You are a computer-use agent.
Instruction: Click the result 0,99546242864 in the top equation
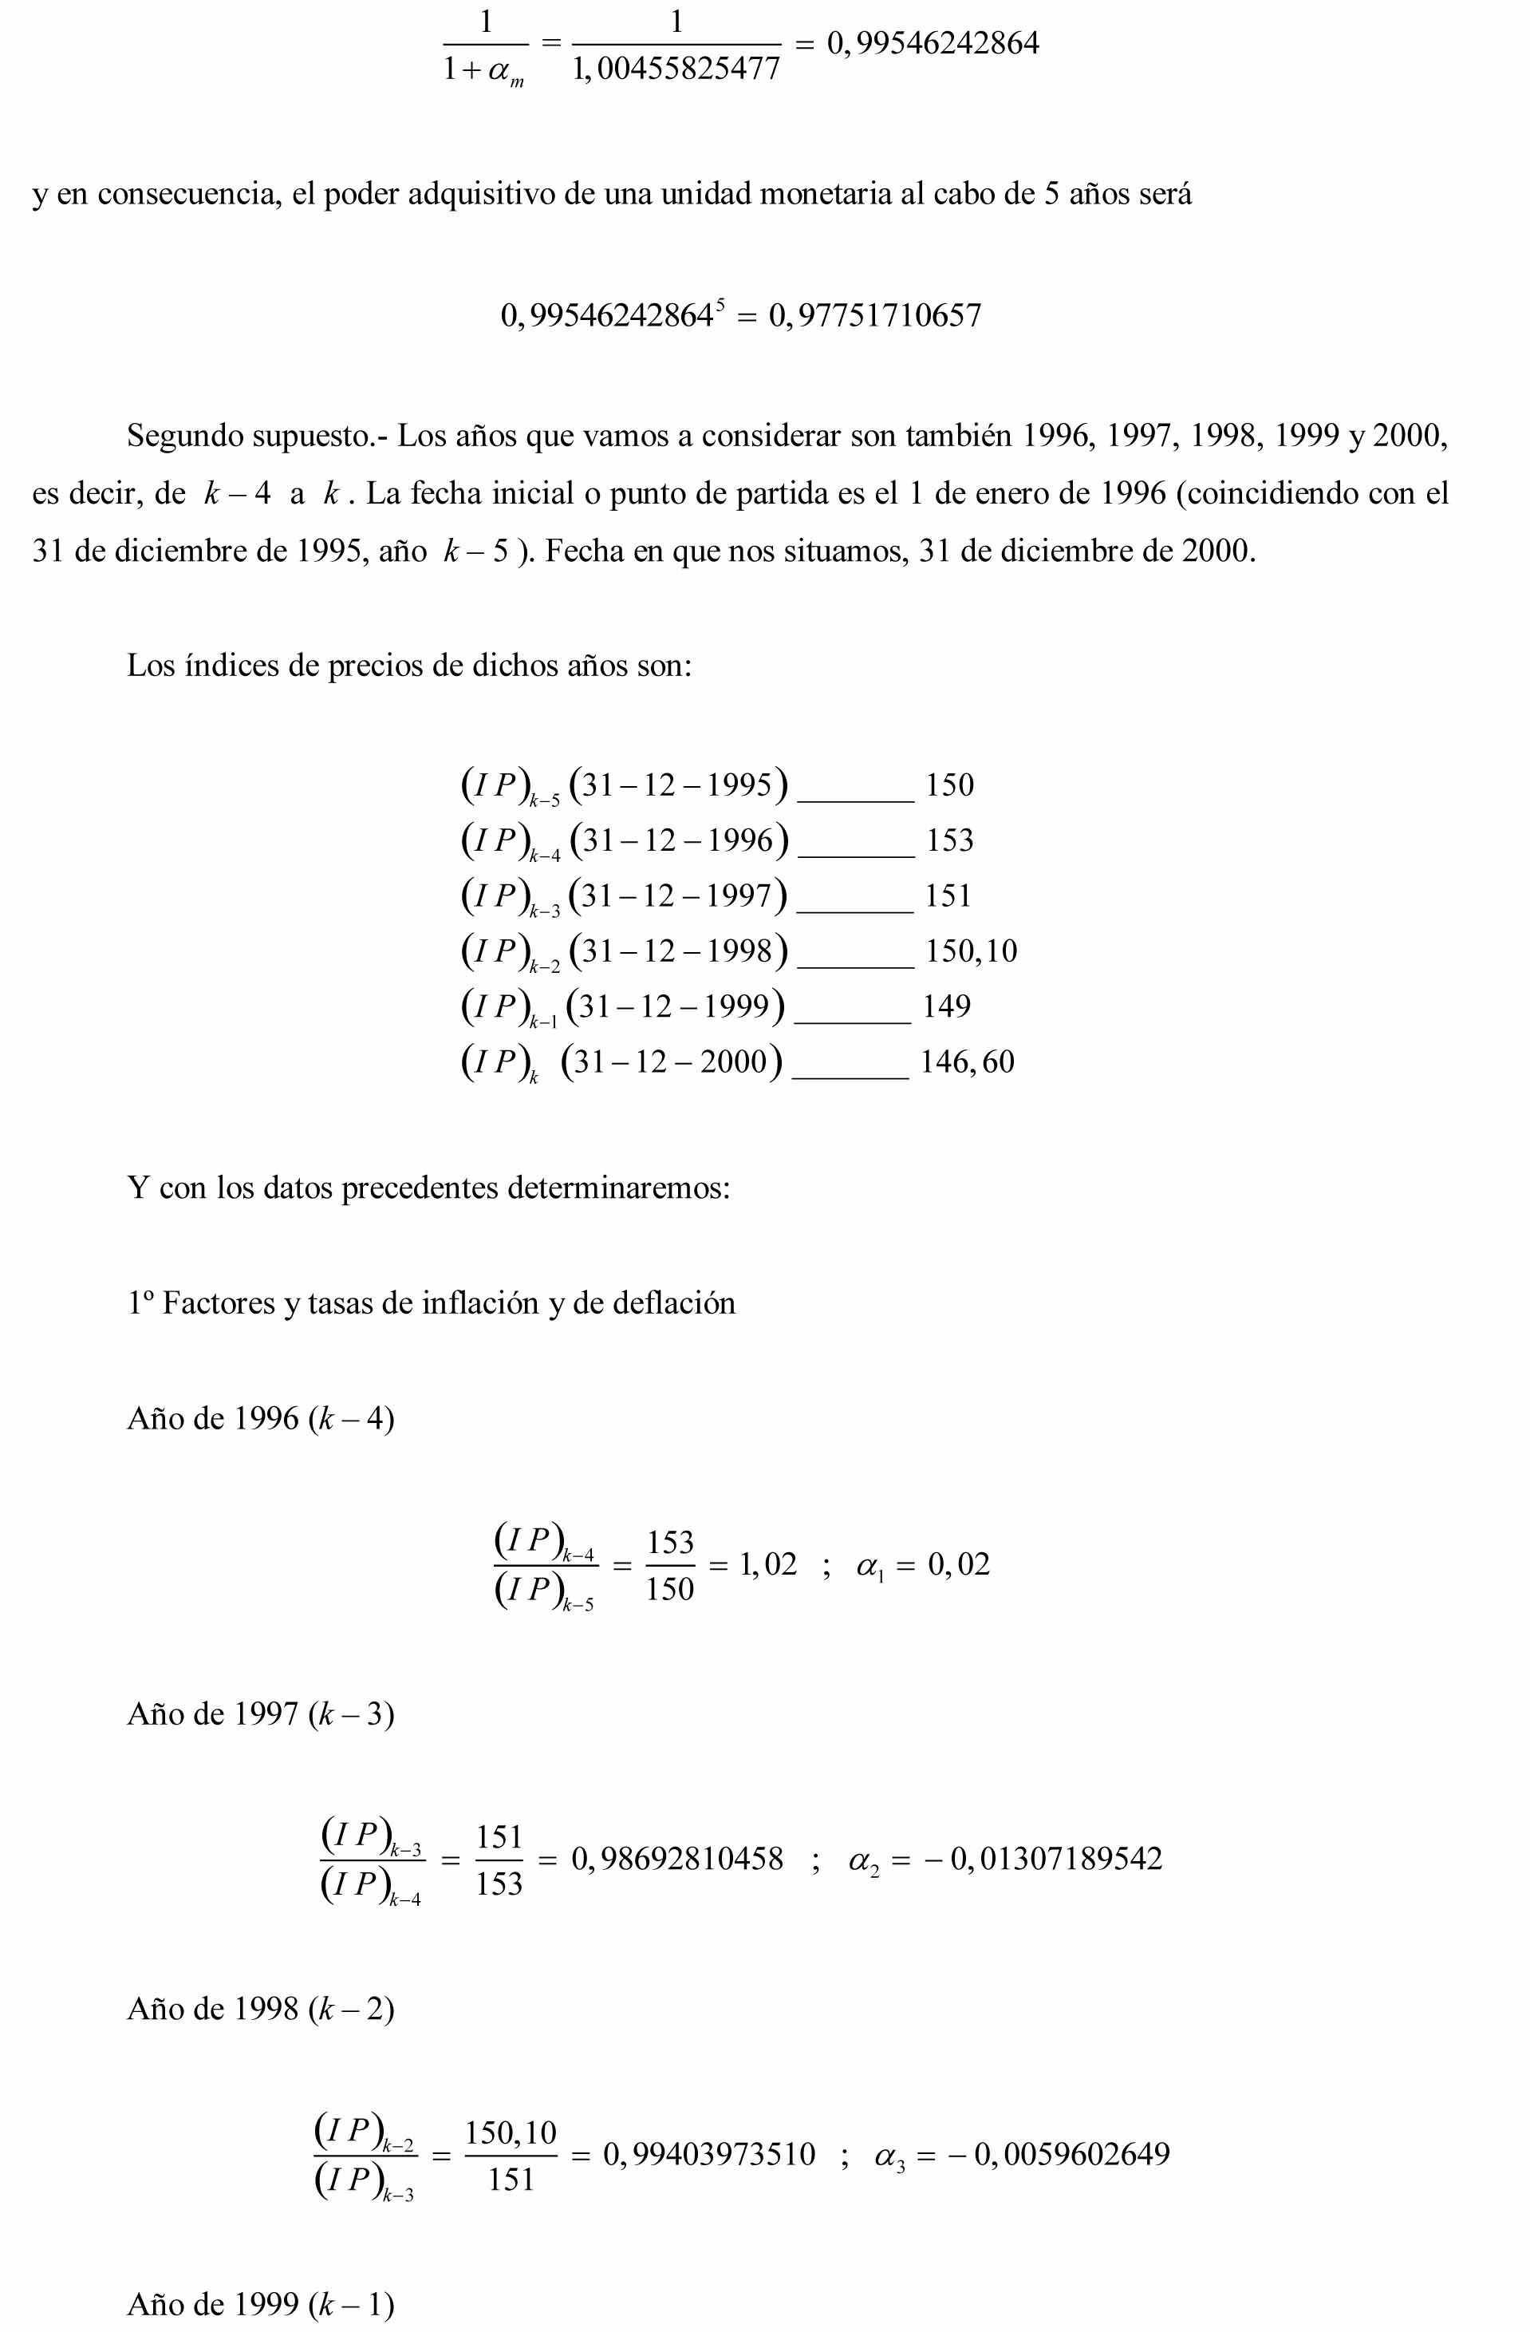933,44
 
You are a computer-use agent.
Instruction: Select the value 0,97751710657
875,315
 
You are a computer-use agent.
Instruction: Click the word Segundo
184,435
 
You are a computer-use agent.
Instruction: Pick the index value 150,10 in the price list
971,951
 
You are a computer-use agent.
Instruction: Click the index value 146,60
967,1062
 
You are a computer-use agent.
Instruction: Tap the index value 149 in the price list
946,1006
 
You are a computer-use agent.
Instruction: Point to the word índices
231,666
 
